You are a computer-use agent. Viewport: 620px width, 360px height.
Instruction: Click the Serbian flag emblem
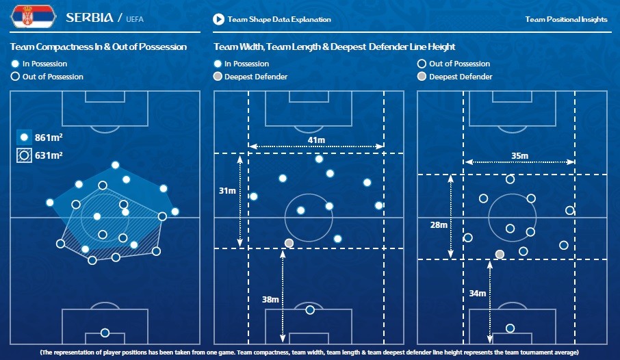[32, 16]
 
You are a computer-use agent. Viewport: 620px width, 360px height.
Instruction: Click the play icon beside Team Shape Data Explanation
[218, 19]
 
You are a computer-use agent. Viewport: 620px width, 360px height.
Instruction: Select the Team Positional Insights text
[566, 19]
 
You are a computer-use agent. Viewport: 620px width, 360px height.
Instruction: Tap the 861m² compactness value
[48, 138]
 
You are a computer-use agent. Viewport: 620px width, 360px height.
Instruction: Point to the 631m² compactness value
[48, 155]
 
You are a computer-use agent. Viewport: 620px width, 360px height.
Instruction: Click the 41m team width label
[316, 140]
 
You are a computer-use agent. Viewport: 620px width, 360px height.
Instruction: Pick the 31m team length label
[227, 190]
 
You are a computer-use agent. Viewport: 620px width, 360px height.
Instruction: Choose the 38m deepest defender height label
[270, 300]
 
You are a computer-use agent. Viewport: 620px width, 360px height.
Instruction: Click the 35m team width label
[519, 155]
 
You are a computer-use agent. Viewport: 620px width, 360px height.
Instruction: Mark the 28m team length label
[439, 224]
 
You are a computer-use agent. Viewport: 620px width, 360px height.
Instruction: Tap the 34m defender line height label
[477, 293]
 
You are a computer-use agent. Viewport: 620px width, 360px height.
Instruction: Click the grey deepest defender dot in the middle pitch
[289, 243]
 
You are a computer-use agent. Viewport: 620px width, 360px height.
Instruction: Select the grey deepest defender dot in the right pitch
[500, 254]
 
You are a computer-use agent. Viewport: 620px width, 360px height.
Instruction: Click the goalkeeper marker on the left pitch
[105, 333]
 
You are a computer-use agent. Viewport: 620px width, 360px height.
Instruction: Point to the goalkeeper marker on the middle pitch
[310, 310]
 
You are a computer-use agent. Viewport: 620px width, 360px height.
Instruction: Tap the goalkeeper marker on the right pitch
[510, 328]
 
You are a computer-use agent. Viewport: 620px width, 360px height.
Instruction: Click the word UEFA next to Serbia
[134, 19]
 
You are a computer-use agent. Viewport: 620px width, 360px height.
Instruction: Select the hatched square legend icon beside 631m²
[24, 155]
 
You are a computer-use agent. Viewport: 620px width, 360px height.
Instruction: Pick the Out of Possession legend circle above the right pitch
[422, 64]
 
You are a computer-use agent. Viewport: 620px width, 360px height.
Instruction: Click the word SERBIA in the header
[90, 17]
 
